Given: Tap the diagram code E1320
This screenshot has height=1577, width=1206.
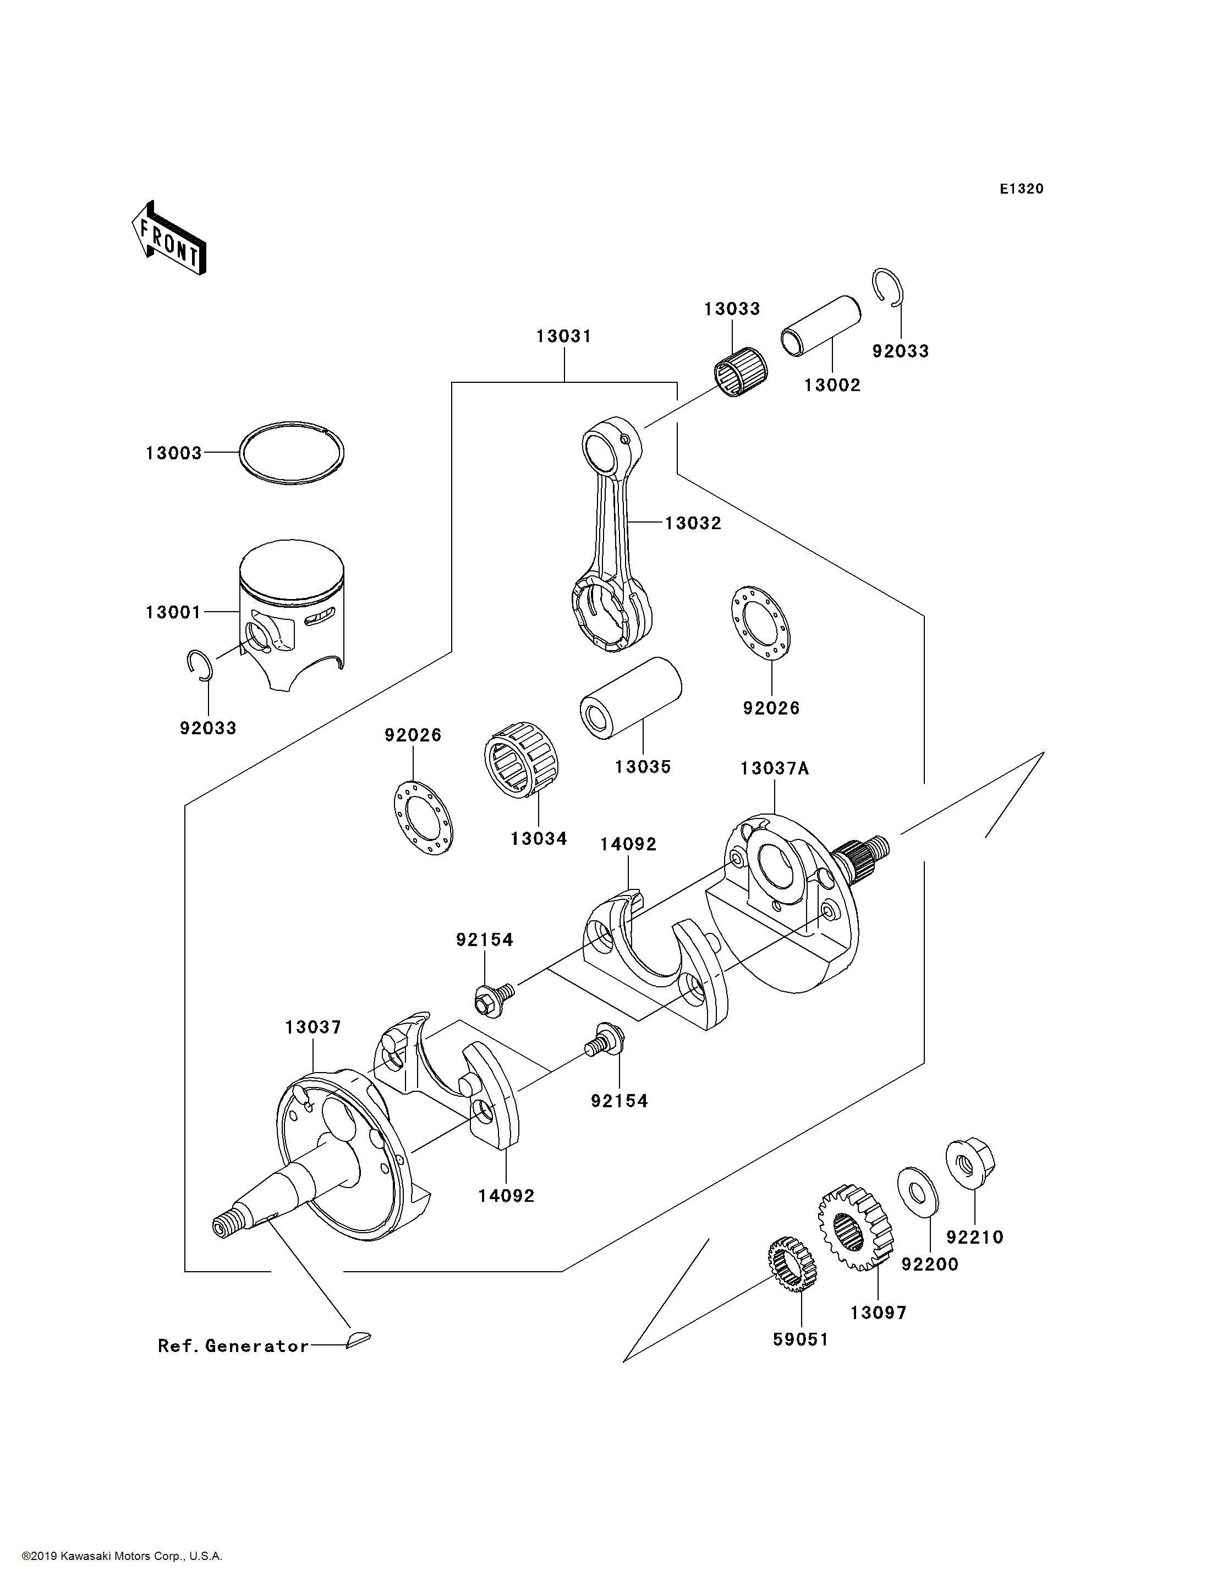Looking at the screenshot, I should tap(1022, 189).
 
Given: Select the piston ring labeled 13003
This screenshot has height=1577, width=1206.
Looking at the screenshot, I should tap(292, 452).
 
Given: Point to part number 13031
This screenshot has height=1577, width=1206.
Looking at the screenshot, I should tap(563, 336).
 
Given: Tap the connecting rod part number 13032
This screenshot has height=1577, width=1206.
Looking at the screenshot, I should tap(693, 523).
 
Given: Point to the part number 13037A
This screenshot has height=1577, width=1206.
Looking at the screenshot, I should tap(775, 769).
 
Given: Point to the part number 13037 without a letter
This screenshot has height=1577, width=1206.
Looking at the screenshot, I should tap(313, 1027).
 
